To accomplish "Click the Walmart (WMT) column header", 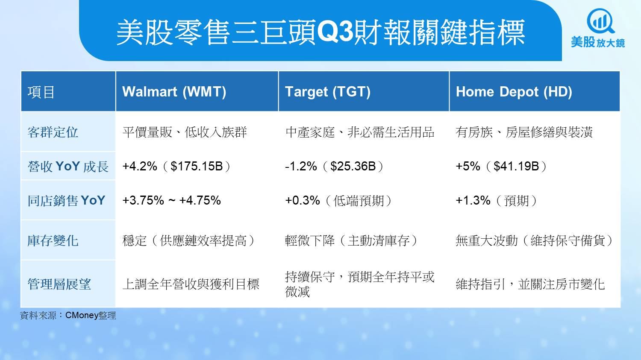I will (174, 92).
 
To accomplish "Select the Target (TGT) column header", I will (328, 92).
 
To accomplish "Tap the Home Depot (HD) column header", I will (514, 92).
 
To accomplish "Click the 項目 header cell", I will (41, 92).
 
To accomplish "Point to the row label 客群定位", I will (53, 132).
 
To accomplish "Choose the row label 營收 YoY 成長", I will (68, 166).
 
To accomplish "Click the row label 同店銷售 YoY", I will (66, 200).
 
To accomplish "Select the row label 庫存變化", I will (53, 241).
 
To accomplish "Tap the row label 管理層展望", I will (59, 284).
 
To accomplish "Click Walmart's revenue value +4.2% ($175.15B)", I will (176, 166).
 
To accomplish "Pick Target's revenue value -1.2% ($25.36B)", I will (334, 166).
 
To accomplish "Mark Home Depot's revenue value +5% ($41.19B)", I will (501, 166).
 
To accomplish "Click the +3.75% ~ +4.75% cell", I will (171, 200).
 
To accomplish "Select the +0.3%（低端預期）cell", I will (338, 200).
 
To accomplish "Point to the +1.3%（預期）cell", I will (497, 200).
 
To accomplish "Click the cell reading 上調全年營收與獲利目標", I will (191, 284).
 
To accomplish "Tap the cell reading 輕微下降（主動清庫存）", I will (351, 241).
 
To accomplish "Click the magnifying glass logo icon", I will (600, 21).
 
